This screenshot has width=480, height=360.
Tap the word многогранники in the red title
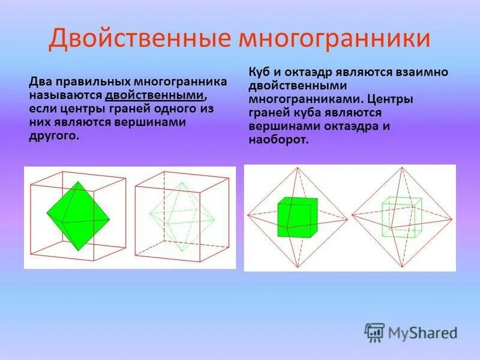pos(335,38)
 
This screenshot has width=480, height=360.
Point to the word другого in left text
pos(54,136)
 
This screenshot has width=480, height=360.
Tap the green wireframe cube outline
pos(398,215)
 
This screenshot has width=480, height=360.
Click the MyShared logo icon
pos(374,332)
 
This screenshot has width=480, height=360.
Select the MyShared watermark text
pos(422,332)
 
